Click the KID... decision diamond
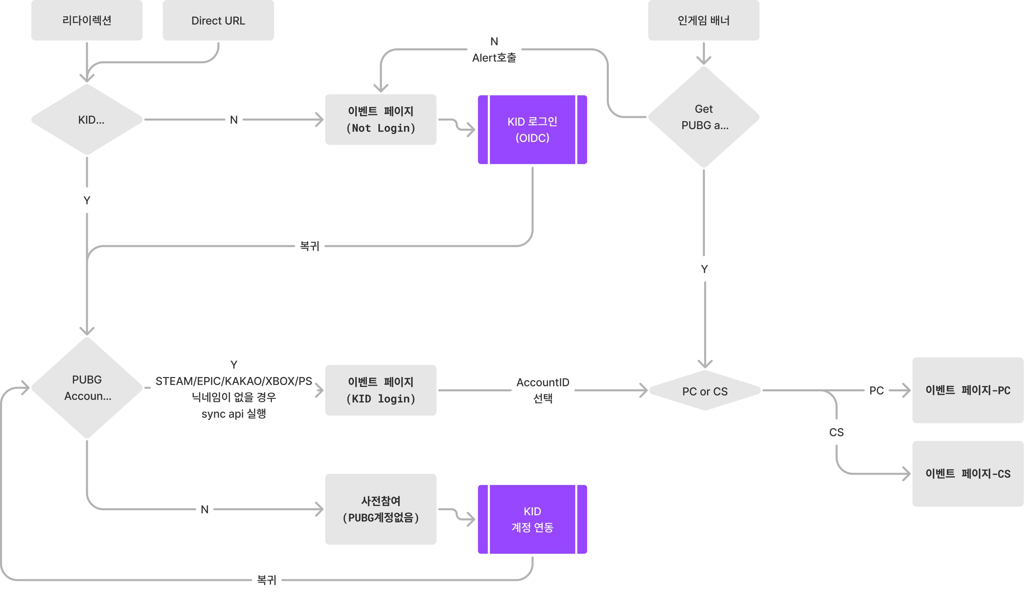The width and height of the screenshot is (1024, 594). click(87, 120)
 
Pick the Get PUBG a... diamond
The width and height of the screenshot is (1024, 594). click(703, 117)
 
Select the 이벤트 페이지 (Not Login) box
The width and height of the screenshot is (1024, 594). click(381, 120)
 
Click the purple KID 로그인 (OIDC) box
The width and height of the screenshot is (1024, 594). click(532, 130)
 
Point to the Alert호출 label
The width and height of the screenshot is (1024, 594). click(494, 58)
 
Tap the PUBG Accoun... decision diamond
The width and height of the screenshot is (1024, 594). click(87, 388)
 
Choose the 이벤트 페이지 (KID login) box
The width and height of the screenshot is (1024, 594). click(381, 390)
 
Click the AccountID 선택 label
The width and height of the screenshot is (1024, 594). click(543, 390)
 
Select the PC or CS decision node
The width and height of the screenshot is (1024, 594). click(705, 390)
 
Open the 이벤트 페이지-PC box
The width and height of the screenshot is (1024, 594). click(968, 390)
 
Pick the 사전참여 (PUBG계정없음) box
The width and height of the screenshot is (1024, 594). click(381, 509)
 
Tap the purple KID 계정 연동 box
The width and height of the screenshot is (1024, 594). click(532, 519)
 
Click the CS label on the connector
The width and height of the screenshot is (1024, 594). click(836, 432)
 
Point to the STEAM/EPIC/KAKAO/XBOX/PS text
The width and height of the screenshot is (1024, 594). click(234, 381)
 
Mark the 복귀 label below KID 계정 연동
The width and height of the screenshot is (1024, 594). click(266, 580)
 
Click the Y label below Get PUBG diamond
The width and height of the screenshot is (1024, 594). click(704, 269)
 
